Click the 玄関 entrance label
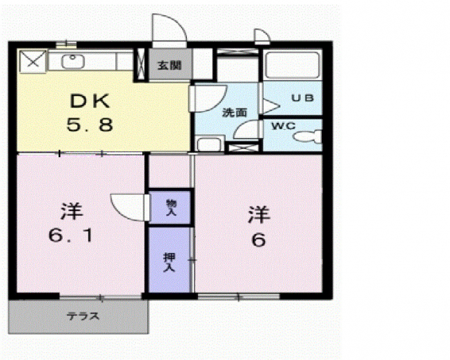pos(170,66)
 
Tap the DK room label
pos(90,101)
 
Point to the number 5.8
pos(90,125)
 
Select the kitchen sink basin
pos(73,61)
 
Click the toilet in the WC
pos(308,137)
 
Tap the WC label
pos(283,126)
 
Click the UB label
pos(302,98)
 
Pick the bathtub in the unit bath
pos(293,65)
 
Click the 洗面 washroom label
pos(235,112)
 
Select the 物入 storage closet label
pos(171,208)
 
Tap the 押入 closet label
pos(169,262)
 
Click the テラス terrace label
pos(84,316)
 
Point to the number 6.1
pos(70,236)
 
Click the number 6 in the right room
pos(259,240)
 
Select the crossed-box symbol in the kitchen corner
pos(32,61)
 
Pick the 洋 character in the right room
pos(259,214)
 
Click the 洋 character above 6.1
pos(72,211)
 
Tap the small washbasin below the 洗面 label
pos(210,144)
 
